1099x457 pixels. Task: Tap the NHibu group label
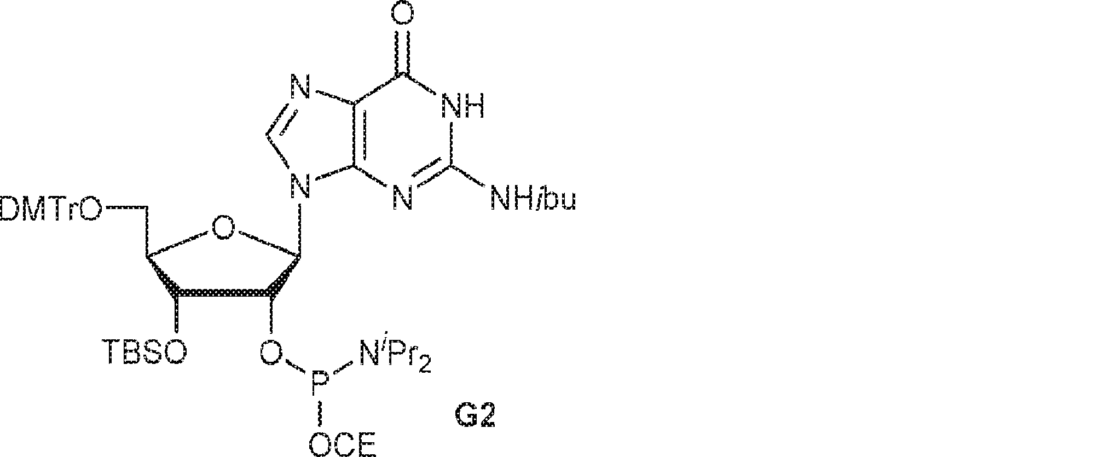pyautogui.click(x=534, y=200)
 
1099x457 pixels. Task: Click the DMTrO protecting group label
pyautogui.click(x=50, y=210)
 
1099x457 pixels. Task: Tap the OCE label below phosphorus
pyautogui.click(x=343, y=444)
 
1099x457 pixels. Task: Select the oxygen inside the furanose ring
pyautogui.click(x=223, y=227)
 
